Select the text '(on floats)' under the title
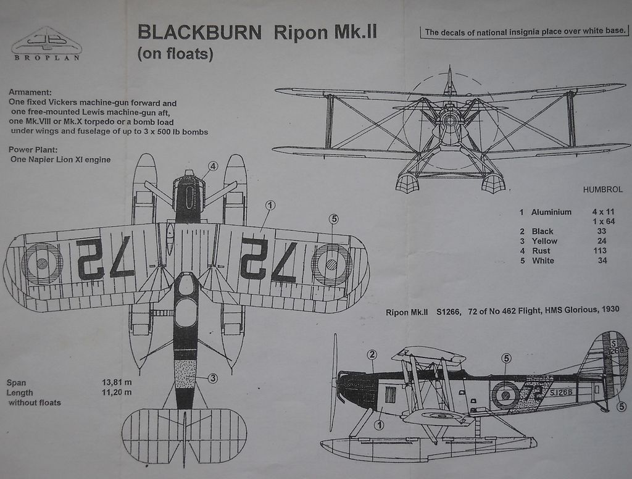click(x=175, y=54)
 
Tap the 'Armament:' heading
click(x=30, y=92)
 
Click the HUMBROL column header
click(x=602, y=190)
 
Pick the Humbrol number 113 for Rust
click(x=602, y=251)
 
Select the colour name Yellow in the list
click(x=544, y=241)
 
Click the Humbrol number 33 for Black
click(x=602, y=231)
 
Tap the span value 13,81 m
click(x=117, y=382)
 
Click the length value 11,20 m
click(x=117, y=392)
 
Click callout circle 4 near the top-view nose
click(x=212, y=166)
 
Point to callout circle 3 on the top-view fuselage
click(x=212, y=378)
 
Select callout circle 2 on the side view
click(x=372, y=354)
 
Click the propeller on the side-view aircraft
click(x=335, y=383)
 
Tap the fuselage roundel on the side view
click(x=505, y=394)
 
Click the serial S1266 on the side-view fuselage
click(x=560, y=392)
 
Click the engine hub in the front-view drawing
click(x=450, y=119)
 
